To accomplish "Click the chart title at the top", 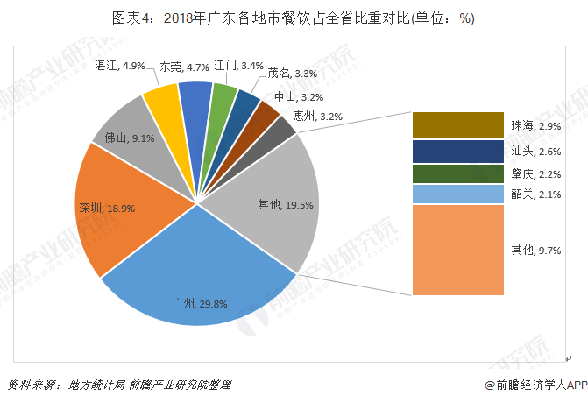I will point(294,18).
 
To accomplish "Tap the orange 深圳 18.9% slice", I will point(123,210).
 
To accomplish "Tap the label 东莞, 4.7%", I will point(185,67).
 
